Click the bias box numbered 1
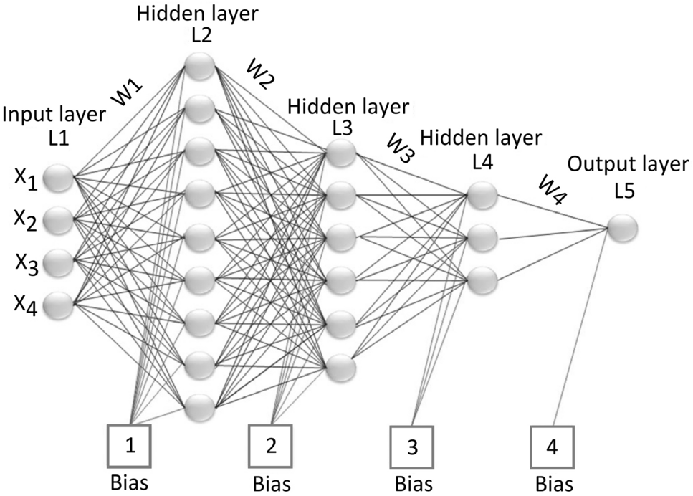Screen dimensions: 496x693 tap(130, 444)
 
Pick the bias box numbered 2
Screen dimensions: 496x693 tap(271, 444)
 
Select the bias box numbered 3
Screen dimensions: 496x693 tap(412, 446)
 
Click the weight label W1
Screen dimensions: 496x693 tap(127, 91)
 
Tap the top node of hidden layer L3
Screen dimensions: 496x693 tap(340, 151)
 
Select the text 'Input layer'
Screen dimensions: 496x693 tap(54, 114)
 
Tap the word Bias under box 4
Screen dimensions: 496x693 tap(553, 483)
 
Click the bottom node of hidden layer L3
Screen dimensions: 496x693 tap(340, 367)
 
